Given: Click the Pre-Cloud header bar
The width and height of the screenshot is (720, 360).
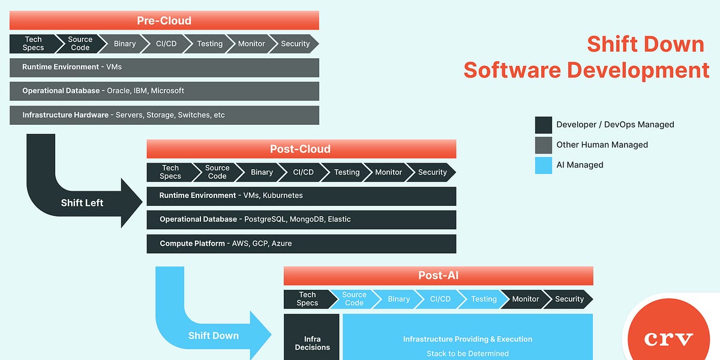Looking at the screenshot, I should coord(164,20).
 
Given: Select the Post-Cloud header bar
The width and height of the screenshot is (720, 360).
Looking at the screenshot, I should coord(301,149).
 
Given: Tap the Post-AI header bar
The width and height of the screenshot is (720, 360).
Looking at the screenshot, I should coord(438,275).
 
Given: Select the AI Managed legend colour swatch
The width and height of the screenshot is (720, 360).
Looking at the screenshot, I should coord(543,165).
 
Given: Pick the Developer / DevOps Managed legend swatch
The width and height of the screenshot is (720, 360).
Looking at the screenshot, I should coord(543,125).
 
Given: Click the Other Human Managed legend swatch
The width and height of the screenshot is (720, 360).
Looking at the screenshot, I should coord(543,145).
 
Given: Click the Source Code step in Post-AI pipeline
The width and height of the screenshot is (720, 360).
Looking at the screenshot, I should coord(354,299).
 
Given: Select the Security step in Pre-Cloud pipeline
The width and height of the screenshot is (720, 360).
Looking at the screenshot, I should coord(295,44).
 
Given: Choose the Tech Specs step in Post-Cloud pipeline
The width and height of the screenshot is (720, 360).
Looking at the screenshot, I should coord(170,172).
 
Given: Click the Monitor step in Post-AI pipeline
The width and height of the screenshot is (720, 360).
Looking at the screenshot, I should coord(525,299).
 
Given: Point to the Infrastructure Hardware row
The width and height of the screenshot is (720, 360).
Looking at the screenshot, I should coord(164,115).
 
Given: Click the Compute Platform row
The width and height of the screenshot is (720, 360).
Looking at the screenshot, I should coord(301,244).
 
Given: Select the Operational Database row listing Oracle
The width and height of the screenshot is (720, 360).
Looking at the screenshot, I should coord(164,91).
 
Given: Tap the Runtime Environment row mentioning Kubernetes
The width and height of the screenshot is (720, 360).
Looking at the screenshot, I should coord(301,196).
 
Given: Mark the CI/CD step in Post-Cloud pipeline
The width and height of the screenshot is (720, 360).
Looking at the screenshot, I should coord(303,172).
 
